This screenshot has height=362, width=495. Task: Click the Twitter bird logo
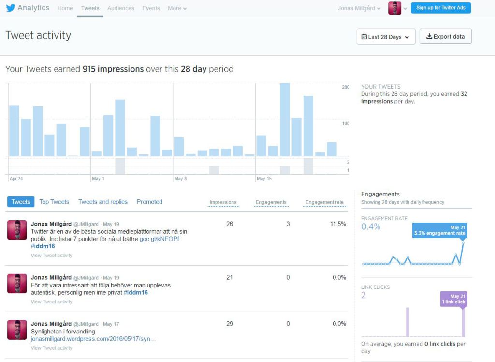11,8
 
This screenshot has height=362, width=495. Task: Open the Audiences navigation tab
120,8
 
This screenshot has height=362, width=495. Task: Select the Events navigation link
151,8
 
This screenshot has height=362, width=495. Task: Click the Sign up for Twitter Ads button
441,8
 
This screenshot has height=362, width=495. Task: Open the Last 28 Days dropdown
386,37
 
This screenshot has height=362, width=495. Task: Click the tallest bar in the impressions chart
285,120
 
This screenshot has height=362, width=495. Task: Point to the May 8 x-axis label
181,178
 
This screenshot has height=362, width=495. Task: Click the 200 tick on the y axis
346,87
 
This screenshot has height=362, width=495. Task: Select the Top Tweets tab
54,202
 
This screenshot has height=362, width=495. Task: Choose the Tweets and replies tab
103,202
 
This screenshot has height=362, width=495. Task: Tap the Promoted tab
149,202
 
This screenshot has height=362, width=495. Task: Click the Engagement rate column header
324,202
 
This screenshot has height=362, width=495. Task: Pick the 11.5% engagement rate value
338,224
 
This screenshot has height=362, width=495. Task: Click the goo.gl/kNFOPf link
160,239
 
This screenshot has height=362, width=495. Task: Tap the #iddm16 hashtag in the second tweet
136,293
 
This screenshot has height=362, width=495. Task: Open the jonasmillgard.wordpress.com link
93,339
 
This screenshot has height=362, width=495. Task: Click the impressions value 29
230,324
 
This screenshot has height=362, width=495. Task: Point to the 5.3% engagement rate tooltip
439,230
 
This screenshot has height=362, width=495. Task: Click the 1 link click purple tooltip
453,299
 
